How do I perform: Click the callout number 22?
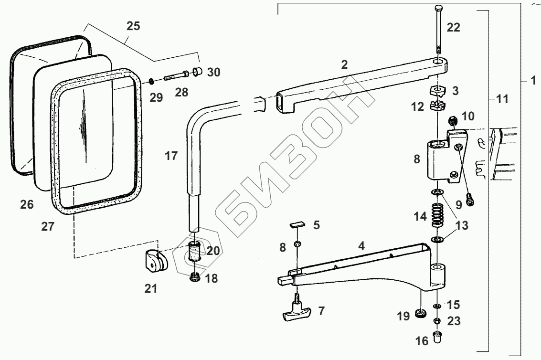[x=453, y=27]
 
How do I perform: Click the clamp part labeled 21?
[x=155, y=261]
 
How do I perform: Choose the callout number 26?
[x=27, y=205]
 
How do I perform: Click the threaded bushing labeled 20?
[x=194, y=251]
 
